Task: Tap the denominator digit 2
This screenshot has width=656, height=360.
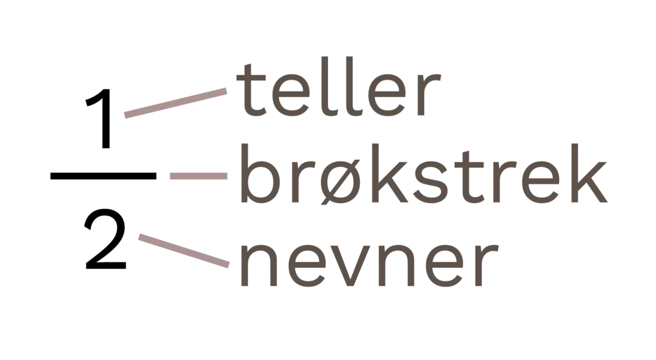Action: pos(105,239)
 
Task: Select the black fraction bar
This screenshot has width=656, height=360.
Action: pos(103,175)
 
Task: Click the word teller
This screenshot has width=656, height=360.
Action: pos(338,86)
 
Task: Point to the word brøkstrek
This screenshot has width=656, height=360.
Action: pos(424,173)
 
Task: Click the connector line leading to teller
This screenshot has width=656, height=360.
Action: pos(175,103)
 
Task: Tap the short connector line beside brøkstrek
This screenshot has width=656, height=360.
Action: pos(198,176)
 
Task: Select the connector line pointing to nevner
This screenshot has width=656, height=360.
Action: pos(184,251)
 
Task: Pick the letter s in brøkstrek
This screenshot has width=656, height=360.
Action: pos(432,182)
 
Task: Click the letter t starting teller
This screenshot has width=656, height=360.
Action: pos(251,90)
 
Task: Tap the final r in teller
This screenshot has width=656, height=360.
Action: pos(429,94)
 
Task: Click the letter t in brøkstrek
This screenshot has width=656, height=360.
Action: pos(468,177)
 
